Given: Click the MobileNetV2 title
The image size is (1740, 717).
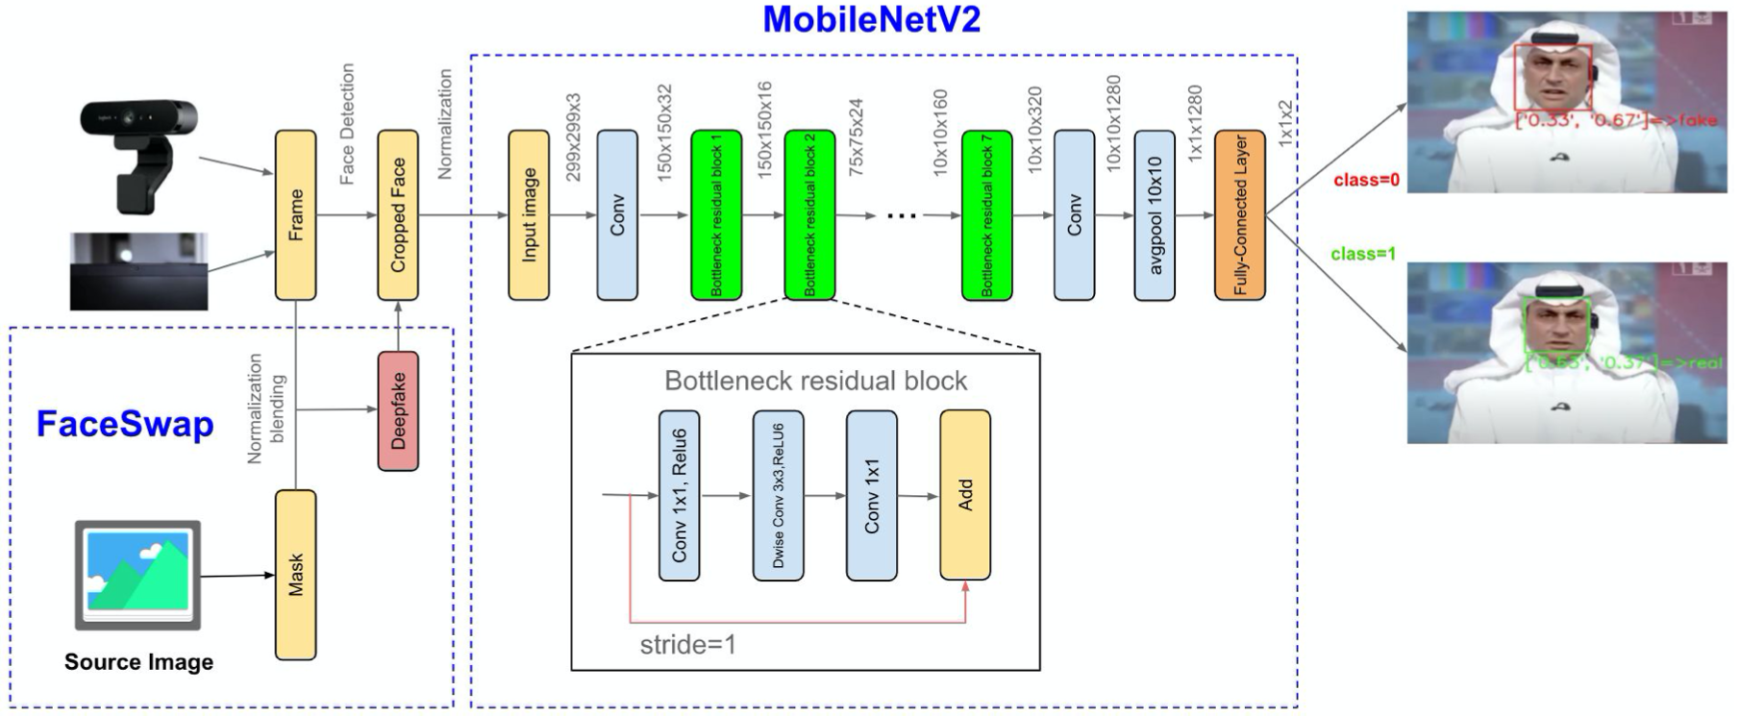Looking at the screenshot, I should click(x=871, y=20).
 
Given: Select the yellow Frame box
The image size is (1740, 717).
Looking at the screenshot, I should click(x=295, y=215).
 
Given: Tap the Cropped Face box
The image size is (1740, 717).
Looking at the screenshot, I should click(x=398, y=215).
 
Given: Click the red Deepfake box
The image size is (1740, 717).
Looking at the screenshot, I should click(x=398, y=411).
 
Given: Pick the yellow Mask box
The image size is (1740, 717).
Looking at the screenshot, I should click(x=295, y=575).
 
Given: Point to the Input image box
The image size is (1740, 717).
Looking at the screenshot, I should click(x=529, y=215).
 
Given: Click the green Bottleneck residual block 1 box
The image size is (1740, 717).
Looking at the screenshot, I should click(x=716, y=215).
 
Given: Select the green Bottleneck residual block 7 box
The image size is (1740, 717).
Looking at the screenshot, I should click(x=986, y=215).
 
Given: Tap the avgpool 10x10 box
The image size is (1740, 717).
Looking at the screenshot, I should click(x=1155, y=215).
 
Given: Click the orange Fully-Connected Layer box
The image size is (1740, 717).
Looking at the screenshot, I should click(x=1239, y=215).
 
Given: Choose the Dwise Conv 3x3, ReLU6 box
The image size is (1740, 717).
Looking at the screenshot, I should click(x=778, y=496).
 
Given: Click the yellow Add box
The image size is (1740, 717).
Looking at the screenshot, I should click(x=965, y=496).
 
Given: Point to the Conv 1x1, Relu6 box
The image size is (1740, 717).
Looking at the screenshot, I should click(x=679, y=496).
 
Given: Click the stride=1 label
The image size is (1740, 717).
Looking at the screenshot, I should click(x=687, y=644).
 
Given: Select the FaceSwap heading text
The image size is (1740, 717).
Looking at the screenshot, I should click(x=125, y=424).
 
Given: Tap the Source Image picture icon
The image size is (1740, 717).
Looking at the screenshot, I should click(x=138, y=575).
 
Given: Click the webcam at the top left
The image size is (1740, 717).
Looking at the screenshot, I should click(x=140, y=154).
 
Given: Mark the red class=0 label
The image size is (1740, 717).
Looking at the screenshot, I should click(x=1366, y=181).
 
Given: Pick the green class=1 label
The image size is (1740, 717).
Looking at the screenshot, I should click(x=1363, y=254).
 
